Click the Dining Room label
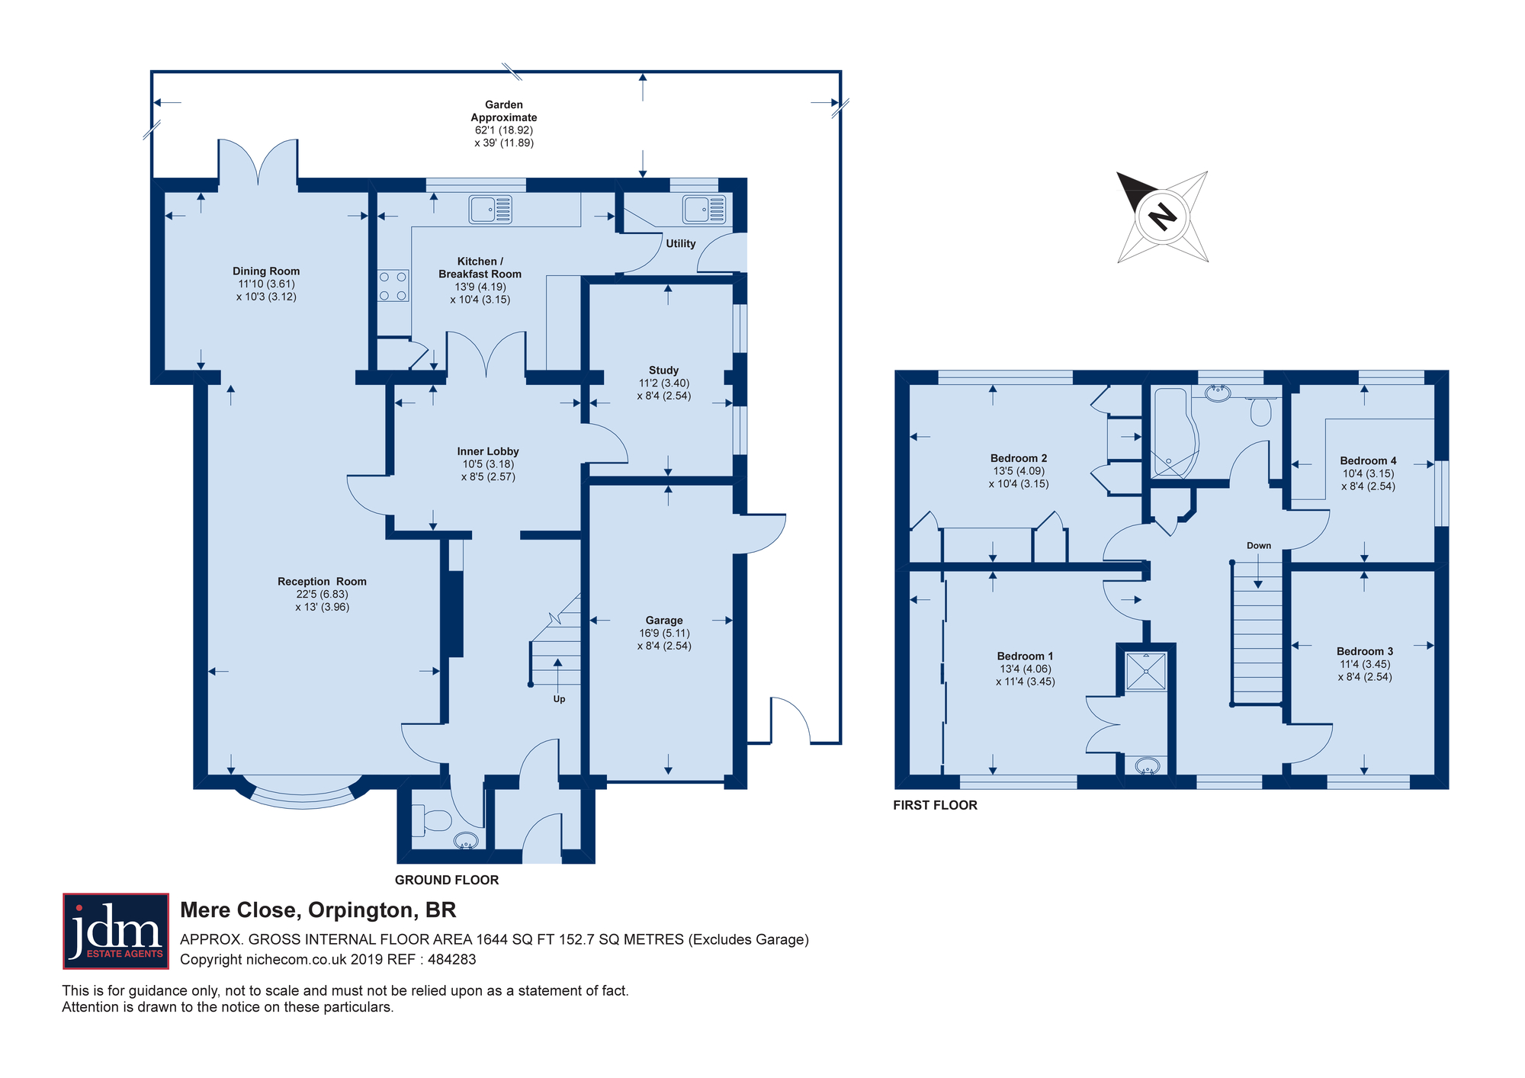tap(266, 271)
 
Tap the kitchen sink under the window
tap(490, 210)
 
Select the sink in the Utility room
tap(704, 210)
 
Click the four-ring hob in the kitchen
tap(393, 286)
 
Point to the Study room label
tap(664, 371)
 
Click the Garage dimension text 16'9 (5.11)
tap(664, 634)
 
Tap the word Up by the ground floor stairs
tap(559, 699)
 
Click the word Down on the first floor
tap(1259, 546)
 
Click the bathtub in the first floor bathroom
tap(1175, 432)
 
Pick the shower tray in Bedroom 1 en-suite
tap(1146, 671)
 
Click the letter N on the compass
tap(1163, 217)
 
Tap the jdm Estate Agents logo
tap(116, 931)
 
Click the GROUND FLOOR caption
tap(447, 880)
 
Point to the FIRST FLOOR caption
tap(935, 805)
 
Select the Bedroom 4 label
tap(1368, 460)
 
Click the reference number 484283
tap(452, 960)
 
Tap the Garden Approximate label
tap(504, 111)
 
